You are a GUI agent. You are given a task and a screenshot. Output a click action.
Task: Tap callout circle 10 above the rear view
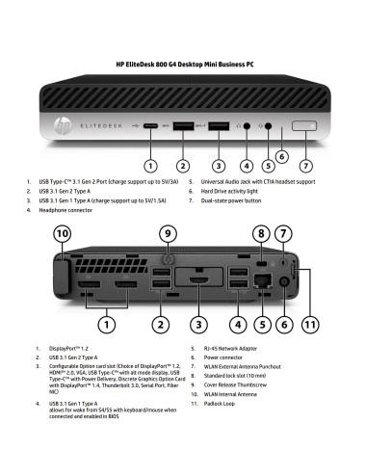(63, 234)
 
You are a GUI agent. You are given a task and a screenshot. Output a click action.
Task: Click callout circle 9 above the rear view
(169, 234)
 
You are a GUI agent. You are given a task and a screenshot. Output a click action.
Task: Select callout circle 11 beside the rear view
(308, 325)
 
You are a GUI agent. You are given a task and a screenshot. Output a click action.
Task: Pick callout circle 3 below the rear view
(197, 325)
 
